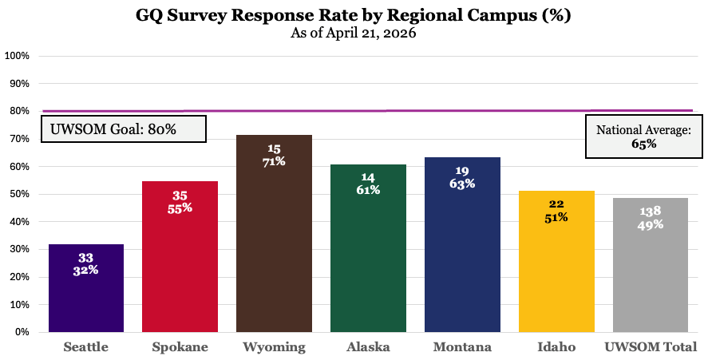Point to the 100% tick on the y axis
coord(18,56)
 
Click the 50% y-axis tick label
coord(19,194)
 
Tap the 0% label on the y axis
coord(22,332)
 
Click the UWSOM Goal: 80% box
coord(124,129)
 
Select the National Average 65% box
coord(643,136)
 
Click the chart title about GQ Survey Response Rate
coord(354,15)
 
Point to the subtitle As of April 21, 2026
coord(354,33)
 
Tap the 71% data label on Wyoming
coord(274,161)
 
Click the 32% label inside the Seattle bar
coord(86,271)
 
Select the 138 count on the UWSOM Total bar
coord(651,212)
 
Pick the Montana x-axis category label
coord(462,347)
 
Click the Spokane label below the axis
coord(180,347)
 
